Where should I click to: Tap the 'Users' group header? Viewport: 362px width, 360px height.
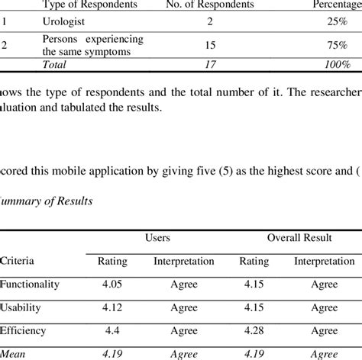pyautogui.click(x=157, y=239)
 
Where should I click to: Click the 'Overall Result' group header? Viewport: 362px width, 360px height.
pyautogui.click(x=299, y=239)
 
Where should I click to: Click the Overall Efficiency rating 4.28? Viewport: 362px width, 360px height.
pyautogui.click(x=256, y=331)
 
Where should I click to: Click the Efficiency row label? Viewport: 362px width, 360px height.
pyautogui.click(x=24, y=331)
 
